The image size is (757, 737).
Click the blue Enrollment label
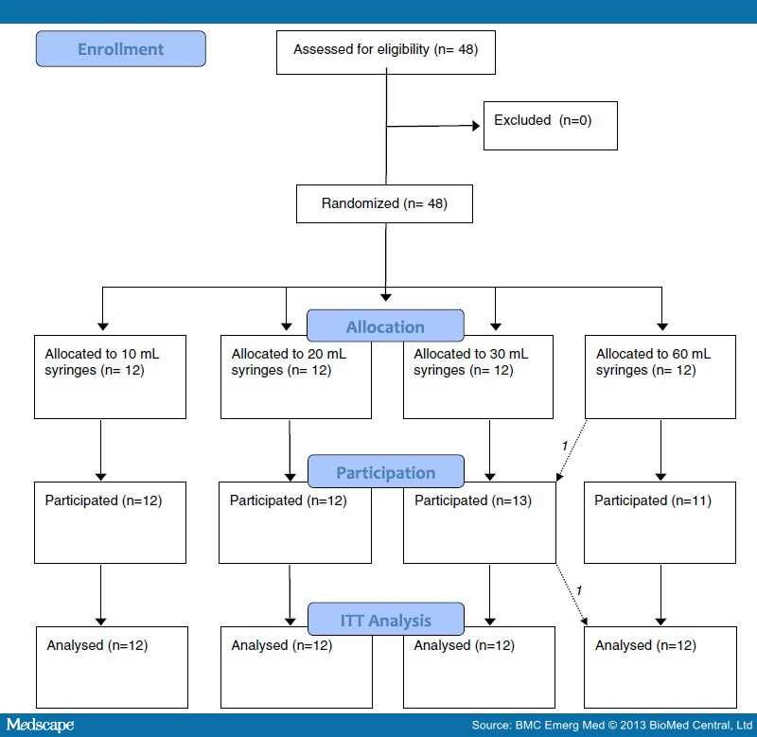pos(120,49)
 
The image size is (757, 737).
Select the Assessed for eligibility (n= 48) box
pos(386,50)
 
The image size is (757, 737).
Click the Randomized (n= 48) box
pos(384,203)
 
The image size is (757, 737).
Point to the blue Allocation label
pos(385,326)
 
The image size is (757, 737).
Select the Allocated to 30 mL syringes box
pos(479,376)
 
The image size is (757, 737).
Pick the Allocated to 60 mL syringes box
pos(660,376)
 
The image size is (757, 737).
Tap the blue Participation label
pos(385,471)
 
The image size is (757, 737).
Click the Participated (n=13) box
pos(479,522)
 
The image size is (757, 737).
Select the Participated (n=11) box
pos(660,522)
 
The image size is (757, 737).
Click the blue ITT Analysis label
pos(385,620)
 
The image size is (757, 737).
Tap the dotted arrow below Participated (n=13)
pos(572,594)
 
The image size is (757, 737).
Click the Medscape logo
pos(40,725)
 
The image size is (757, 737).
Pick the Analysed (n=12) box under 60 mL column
pos(660,666)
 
